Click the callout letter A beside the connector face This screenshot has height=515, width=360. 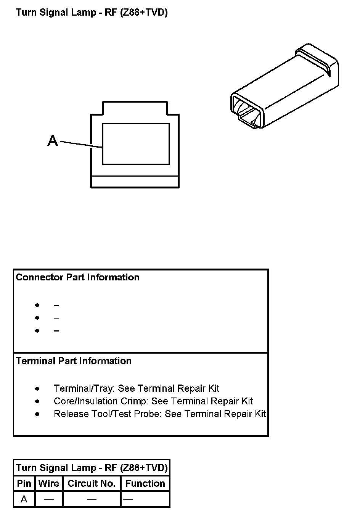tap(53, 141)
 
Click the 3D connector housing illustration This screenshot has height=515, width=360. tap(284, 86)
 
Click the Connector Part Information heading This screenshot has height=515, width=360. tap(77, 277)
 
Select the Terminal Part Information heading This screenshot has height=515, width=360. tap(74, 361)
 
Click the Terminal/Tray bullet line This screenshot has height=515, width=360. tap(137, 388)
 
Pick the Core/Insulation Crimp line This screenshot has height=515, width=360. tap(153, 401)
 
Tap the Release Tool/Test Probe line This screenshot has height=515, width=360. tap(160, 414)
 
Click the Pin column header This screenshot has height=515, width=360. tap(24, 483)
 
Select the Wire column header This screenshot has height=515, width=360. tap(49, 483)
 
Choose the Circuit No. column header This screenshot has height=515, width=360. tap(92, 483)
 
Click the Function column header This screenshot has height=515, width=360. tap(145, 483)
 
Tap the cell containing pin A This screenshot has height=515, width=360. tap(24, 499)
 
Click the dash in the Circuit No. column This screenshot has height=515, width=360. tap(92, 499)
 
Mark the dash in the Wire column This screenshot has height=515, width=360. tap(49, 499)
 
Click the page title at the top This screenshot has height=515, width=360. tap(92, 13)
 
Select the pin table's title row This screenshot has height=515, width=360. tap(92, 468)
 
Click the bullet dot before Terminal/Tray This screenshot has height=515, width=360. tap(37, 389)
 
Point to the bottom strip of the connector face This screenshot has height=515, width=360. tap(135, 182)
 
